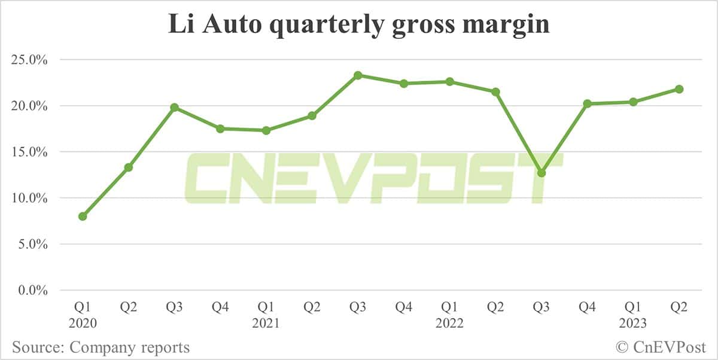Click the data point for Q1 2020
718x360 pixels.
(x=83, y=216)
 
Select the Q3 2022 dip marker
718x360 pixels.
(x=541, y=173)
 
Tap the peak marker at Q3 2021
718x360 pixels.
(x=358, y=75)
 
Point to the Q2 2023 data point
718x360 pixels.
(x=679, y=89)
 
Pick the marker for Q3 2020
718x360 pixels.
(x=174, y=108)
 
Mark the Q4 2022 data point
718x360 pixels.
(x=588, y=103)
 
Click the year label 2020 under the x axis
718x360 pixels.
(x=83, y=324)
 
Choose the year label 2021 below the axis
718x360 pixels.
(x=266, y=324)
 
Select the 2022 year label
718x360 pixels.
(x=450, y=324)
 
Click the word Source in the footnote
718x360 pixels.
(x=36, y=347)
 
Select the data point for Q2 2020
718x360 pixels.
(x=129, y=167)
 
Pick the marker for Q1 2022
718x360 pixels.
(x=450, y=81)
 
